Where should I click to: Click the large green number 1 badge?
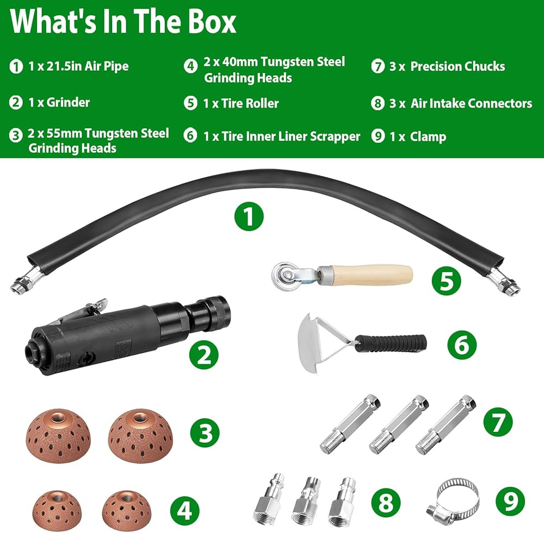pos(249,217)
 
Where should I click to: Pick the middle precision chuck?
pos(399,424)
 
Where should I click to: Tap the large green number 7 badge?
pos(498,422)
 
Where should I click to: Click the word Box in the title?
pos(212,22)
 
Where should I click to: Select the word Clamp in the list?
pos(428,137)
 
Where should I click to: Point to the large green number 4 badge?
pos(184,510)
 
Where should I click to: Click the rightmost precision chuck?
pos(446,424)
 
